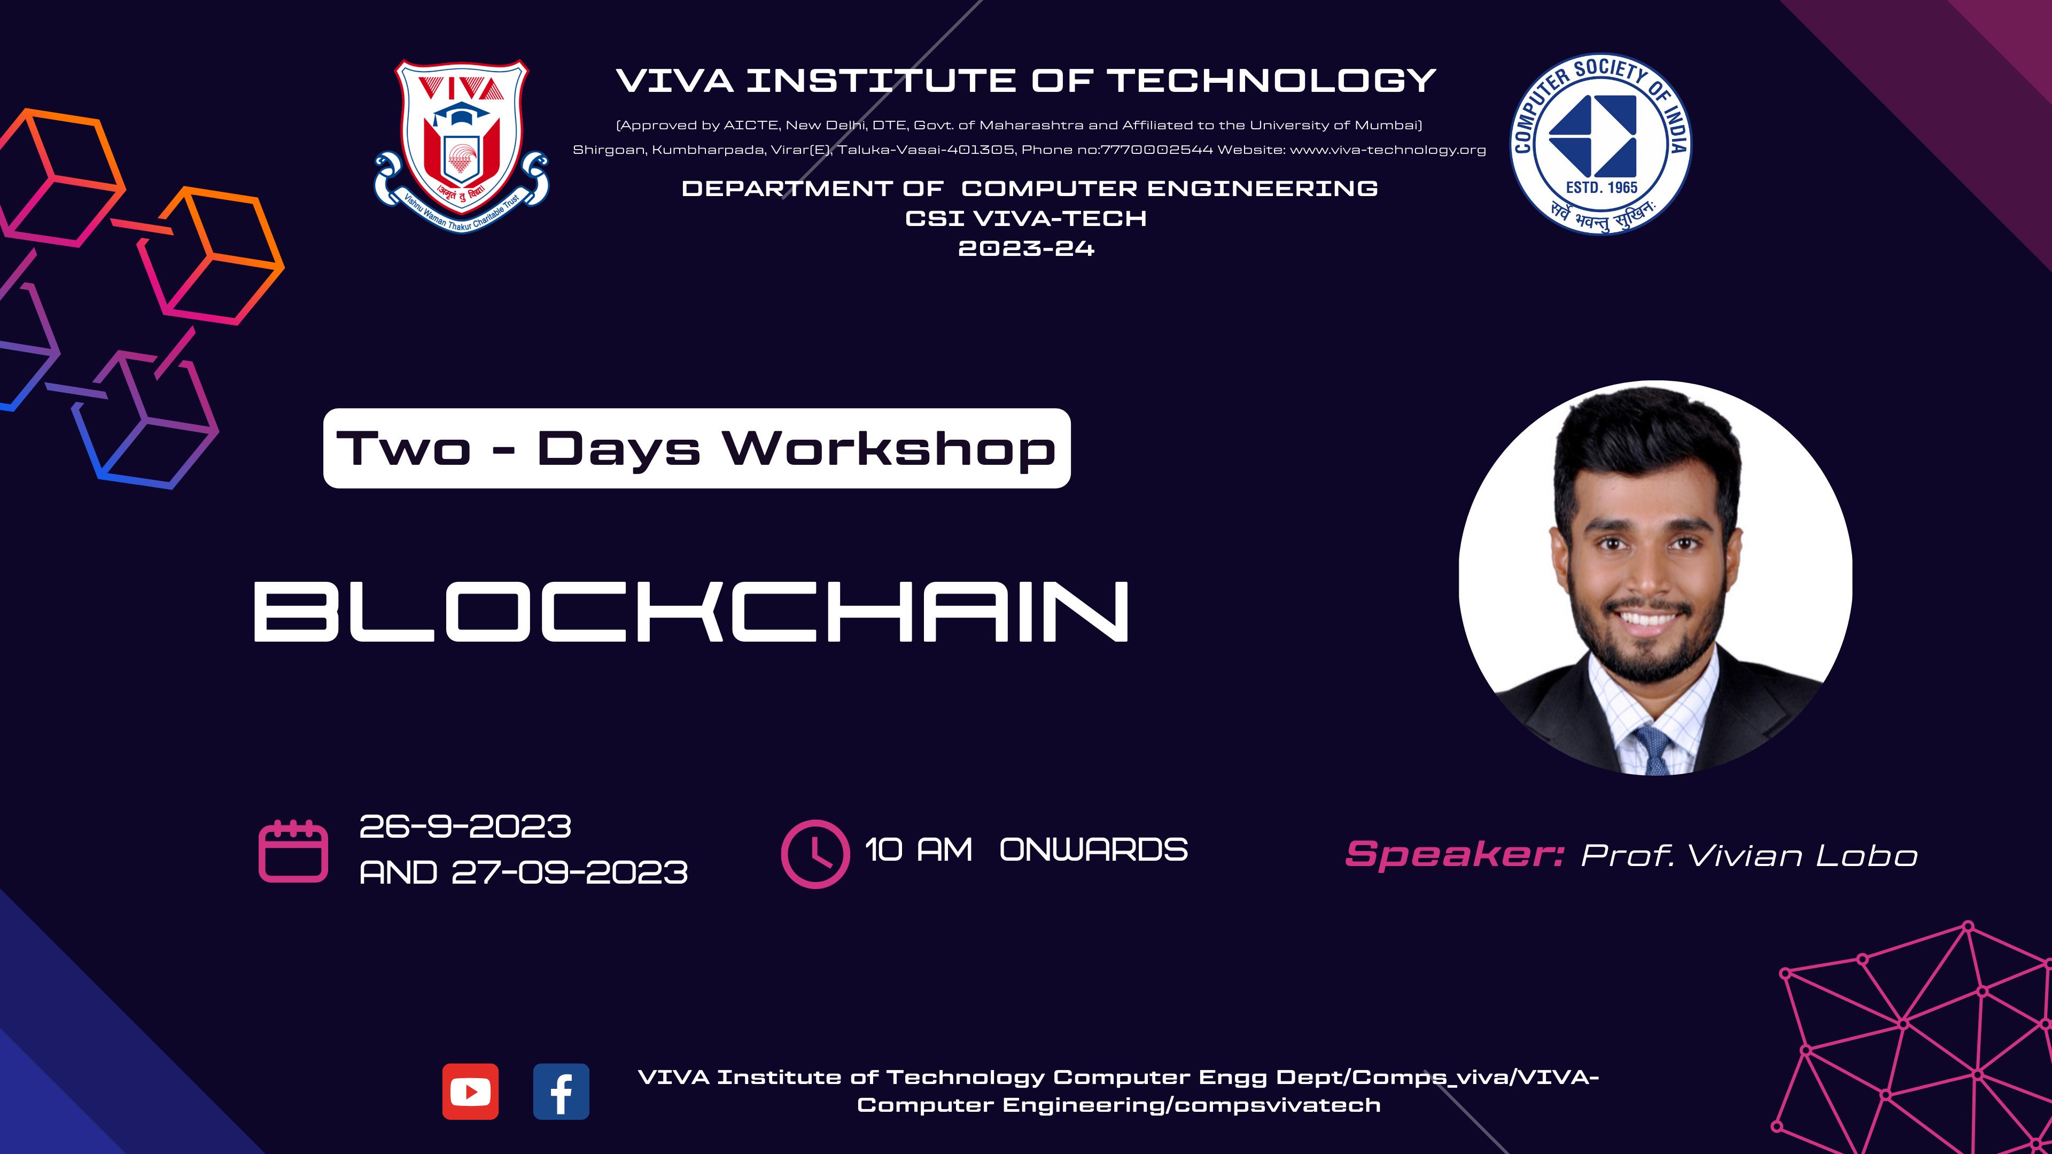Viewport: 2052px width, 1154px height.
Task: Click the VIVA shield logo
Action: [x=461, y=146]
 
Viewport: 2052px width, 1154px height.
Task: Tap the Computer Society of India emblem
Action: [x=1600, y=144]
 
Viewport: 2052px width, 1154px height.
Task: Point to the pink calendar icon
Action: [x=293, y=851]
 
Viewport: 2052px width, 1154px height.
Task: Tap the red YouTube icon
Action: [x=471, y=1091]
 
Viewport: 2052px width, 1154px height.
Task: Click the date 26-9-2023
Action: [x=465, y=826]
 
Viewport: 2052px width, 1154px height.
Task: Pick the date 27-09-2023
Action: [x=570, y=873]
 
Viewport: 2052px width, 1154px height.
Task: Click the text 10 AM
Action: [x=919, y=850]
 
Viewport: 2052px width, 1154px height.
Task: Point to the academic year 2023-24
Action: [x=1026, y=248]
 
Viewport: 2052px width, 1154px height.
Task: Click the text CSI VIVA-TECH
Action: [x=1026, y=218]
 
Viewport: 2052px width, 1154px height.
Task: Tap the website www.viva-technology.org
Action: [x=1388, y=150]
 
